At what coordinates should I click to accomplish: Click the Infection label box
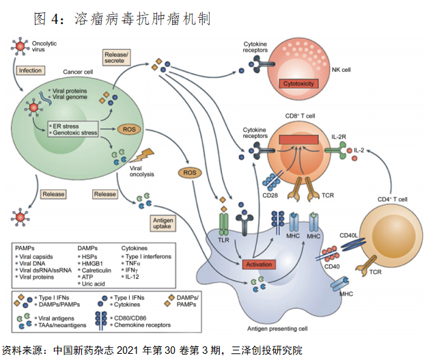click(30, 70)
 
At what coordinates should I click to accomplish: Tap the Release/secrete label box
click(117, 56)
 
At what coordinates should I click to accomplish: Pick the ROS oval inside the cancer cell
click(129, 128)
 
